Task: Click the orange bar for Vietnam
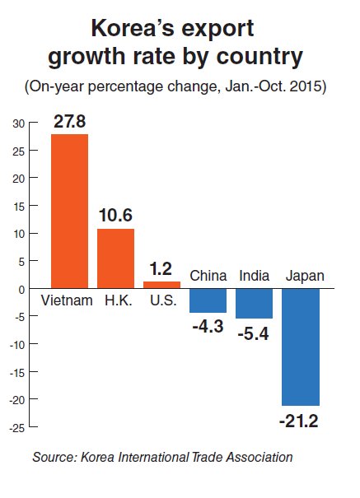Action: tap(69, 212)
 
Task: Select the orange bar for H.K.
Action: tap(115, 258)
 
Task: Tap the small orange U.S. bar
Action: tap(161, 285)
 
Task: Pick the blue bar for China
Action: tap(208, 300)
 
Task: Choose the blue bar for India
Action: tap(255, 303)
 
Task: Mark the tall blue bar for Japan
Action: tap(301, 347)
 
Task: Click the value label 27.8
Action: tap(70, 121)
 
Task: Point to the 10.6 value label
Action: tap(115, 216)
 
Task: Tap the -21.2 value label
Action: tap(299, 421)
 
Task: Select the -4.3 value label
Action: tap(208, 327)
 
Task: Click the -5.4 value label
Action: tap(253, 334)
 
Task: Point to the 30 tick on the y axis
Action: tap(19, 123)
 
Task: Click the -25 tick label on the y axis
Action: tap(17, 429)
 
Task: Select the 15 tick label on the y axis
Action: tap(19, 207)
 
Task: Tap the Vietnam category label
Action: tap(67, 300)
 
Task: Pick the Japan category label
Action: tap(305, 277)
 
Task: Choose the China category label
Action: tap(208, 276)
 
